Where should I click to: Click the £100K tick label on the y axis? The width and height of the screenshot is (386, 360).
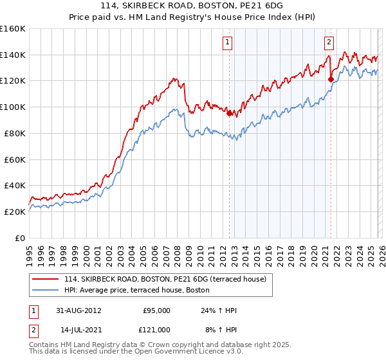[12, 107]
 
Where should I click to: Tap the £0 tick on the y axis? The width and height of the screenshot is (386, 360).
[19, 238]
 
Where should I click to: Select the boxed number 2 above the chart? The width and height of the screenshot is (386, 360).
[329, 43]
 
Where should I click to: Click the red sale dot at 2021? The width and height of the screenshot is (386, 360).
[331, 80]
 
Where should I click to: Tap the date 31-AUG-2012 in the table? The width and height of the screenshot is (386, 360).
[78, 310]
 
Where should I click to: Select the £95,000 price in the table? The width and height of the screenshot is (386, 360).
[156, 310]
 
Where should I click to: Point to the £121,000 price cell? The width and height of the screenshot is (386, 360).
[156, 329]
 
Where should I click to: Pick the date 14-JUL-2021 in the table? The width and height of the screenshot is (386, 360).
[78, 329]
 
